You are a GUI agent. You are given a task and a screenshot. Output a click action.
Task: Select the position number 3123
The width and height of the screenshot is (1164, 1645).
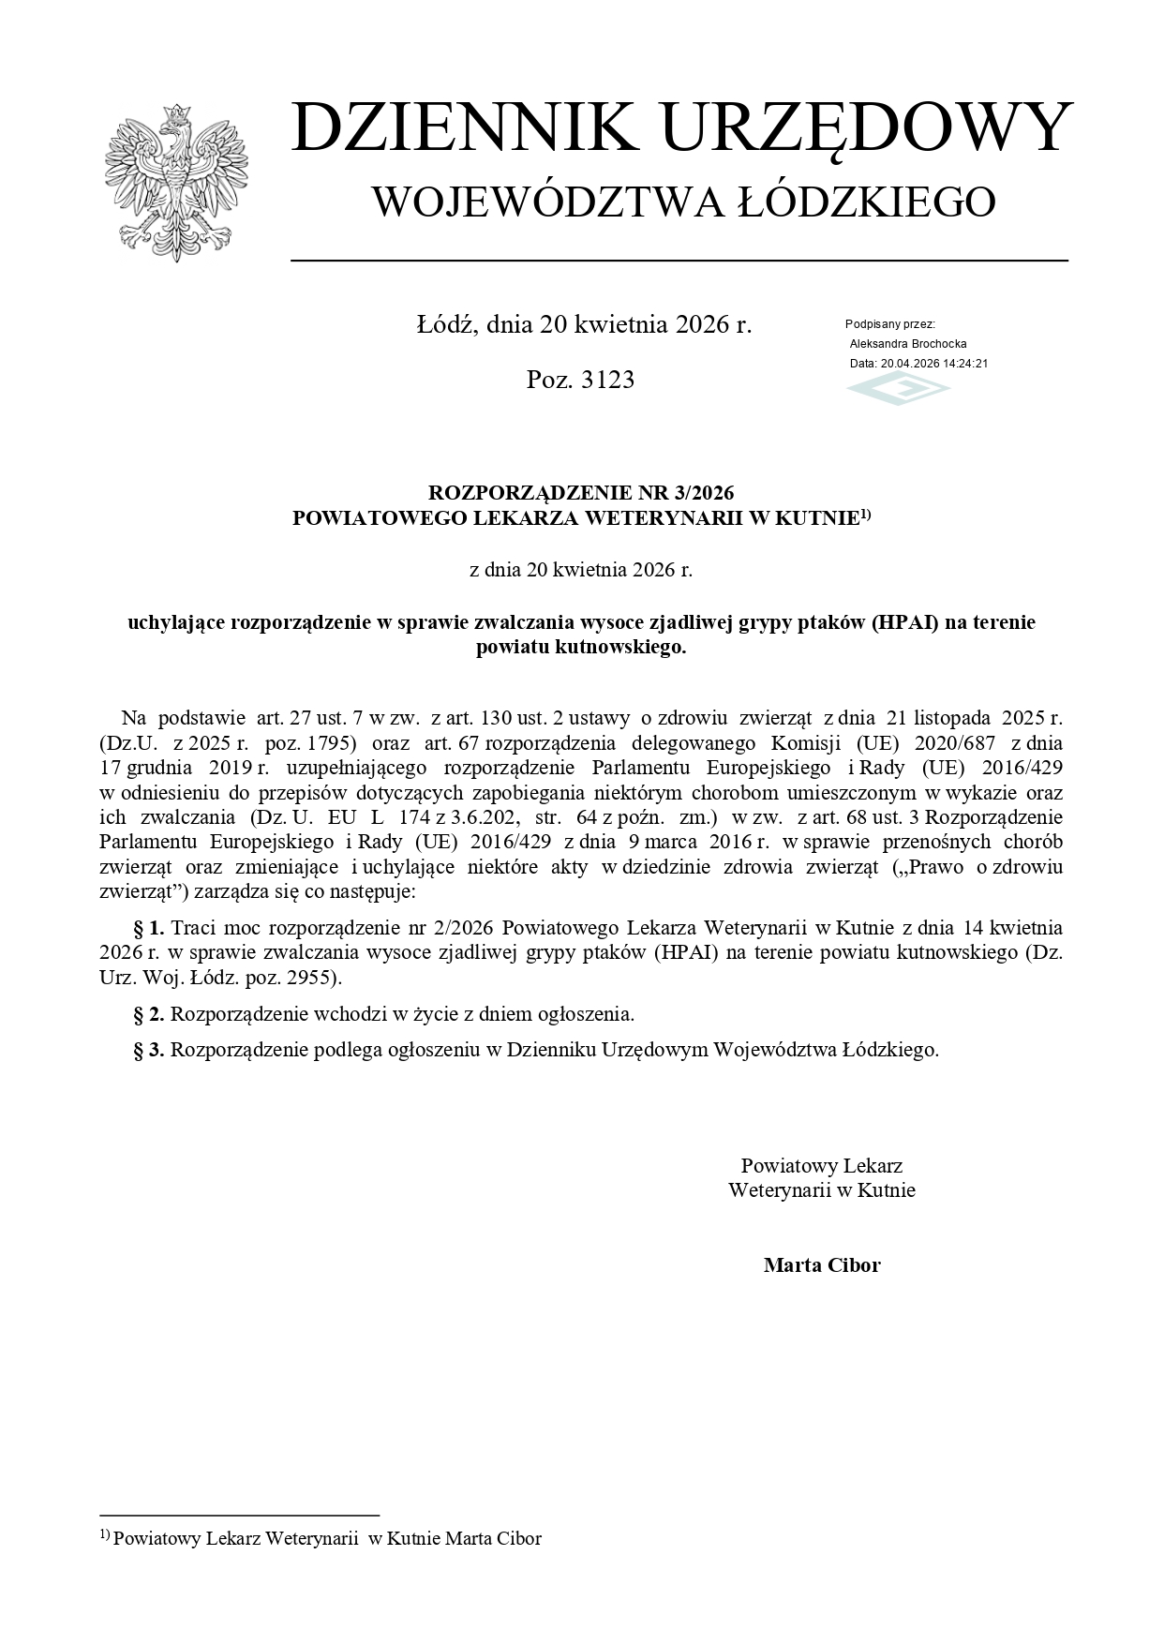[606, 380]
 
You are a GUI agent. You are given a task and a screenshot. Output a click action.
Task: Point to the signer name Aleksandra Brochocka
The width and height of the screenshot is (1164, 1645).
[908, 344]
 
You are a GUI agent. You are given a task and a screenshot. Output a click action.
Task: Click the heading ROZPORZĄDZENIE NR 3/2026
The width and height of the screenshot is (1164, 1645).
[581, 493]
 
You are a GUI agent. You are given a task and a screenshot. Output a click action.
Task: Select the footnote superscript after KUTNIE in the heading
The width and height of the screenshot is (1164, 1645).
[866, 513]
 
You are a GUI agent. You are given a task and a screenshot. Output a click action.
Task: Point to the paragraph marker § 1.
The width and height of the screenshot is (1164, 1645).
[149, 928]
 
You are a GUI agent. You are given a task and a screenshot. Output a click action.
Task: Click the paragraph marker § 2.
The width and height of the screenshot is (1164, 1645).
[149, 1014]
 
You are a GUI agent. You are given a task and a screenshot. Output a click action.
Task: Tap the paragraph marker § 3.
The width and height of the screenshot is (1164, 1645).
[149, 1050]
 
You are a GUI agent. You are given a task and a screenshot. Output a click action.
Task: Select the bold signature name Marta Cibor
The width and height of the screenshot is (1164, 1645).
[822, 1265]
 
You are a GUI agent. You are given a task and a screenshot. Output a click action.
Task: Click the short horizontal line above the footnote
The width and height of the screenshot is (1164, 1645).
[239, 1515]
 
